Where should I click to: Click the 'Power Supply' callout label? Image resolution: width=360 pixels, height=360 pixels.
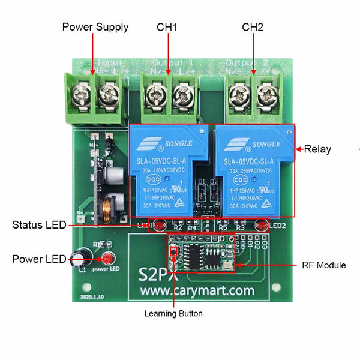95,27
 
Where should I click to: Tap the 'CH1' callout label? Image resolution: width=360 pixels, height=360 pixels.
167,27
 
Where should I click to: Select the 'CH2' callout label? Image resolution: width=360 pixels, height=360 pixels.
253,27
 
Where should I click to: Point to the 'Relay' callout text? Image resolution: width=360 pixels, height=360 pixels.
317,149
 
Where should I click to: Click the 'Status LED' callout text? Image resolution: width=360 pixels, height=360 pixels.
39,226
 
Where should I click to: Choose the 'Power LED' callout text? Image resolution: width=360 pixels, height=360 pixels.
39,259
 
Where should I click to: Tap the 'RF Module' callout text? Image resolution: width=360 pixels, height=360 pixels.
323,265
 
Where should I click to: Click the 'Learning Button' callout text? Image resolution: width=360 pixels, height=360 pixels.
173,313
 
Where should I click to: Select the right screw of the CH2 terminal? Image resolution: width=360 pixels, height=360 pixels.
265,93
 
